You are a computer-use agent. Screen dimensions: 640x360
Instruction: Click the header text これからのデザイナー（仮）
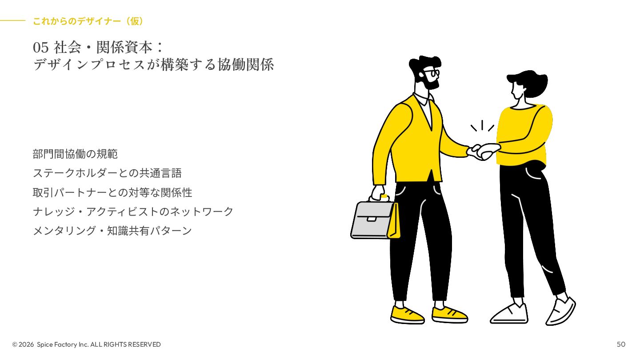88,21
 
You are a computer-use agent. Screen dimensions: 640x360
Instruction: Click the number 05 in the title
40,47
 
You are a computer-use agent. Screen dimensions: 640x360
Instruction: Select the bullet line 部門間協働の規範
75,154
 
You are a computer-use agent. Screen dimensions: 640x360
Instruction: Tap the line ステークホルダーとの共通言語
107,173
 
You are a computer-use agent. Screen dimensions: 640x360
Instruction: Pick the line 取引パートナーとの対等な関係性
112,192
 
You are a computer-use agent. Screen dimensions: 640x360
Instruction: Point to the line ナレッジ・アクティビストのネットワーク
133,212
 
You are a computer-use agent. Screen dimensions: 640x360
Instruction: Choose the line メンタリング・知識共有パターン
112,231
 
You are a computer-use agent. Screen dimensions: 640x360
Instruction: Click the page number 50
621,344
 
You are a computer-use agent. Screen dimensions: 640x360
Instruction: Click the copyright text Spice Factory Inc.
63,344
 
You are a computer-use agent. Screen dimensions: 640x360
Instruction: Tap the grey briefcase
372,220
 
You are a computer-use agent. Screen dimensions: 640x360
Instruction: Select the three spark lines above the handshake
482,126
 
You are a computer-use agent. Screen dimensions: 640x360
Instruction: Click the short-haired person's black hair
531,82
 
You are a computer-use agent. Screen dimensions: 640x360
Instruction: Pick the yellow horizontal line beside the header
12,20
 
